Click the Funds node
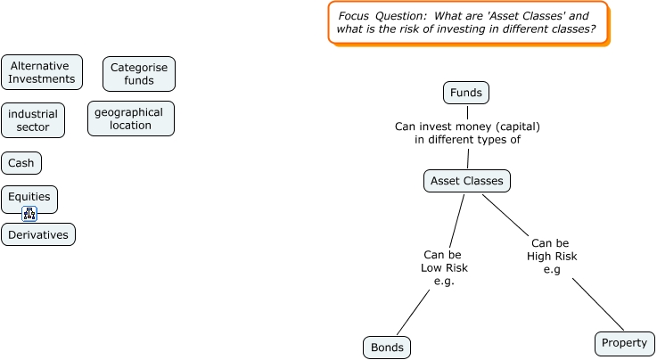click(x=466, y=93)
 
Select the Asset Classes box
click(x=466, y=181)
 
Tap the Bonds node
click(x=387, y=347)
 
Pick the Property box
click(x=624, y=343)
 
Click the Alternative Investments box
click(x=42, y=72)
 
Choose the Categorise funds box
click(x=139, y=74)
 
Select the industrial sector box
click(x=33, y=120)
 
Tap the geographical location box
click(x=130, y=119)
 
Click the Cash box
click(x=21, y=163)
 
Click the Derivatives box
click(x=38, y=234)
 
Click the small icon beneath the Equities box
click(x=29, y=214)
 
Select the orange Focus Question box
click(x=467, y=23)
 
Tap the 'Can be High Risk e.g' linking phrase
click(x=552, y=256)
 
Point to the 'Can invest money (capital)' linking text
click(x=467, y=133)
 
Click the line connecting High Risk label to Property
click(x=597, y=304)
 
